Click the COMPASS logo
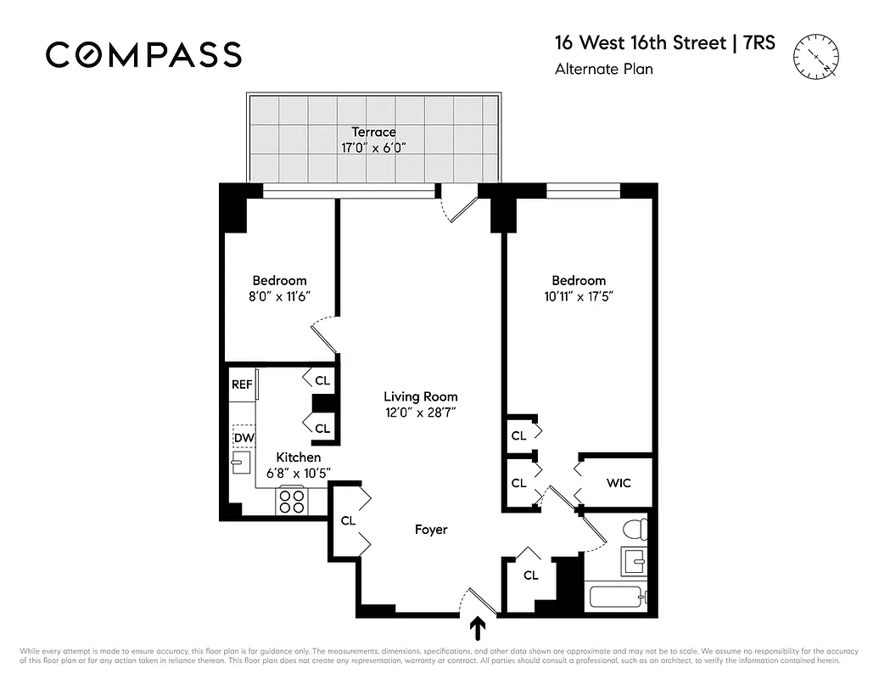tap(143, 54)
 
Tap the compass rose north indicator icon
tap(815, 56)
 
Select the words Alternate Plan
tap(603, 70)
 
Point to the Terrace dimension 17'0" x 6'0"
tap(373, 148)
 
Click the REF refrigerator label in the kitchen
tap(242, 384)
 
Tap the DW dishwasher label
tap(243, 438)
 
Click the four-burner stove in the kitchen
tap(292, 502)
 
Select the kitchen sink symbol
tap(241, 463)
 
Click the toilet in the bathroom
tap(635, 530)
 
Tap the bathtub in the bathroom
tap(619, 596)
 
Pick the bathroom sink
tap(633, 560)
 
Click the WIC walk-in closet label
tap(618, 483)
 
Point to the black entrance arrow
tap(479, 629)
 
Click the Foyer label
tap(430, 530)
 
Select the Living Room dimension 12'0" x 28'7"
tap(420, 413)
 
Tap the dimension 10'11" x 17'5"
tap(579, 297)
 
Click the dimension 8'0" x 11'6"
tap(279, 297)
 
